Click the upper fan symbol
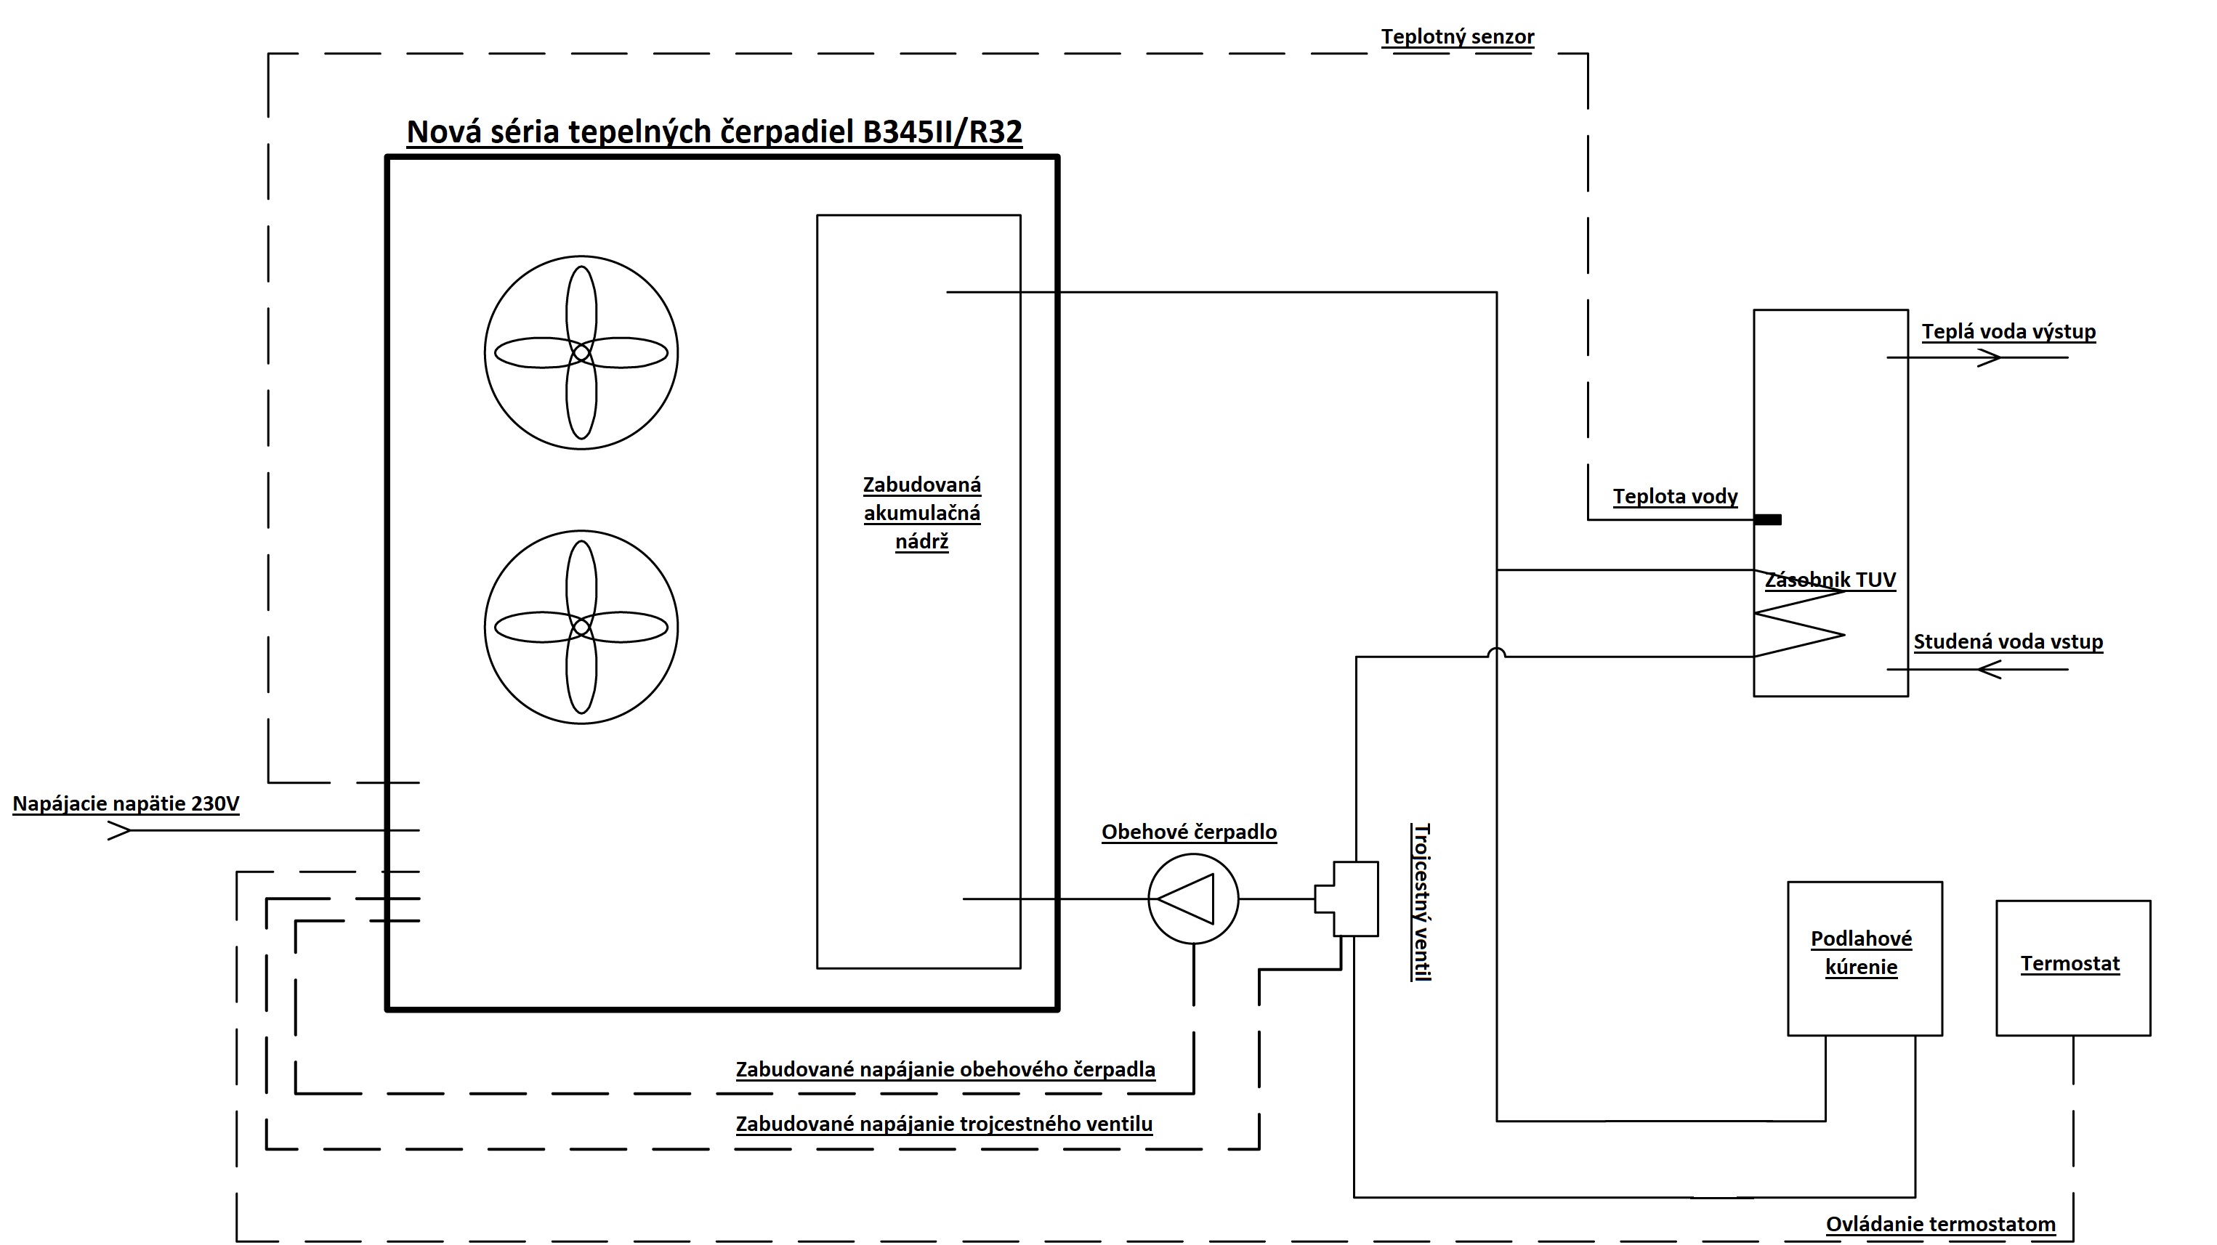(581, 353)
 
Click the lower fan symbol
(581, 628)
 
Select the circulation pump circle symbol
(1193, 899)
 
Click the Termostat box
(2072, 968)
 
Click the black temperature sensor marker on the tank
(1768, 519)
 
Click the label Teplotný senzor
(1457, 37)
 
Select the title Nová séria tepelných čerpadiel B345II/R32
(714, 131)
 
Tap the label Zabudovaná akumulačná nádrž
(921, 513)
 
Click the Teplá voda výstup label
(2008, 332)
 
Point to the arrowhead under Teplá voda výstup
(1989, 357)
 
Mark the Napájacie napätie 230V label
(126, 803)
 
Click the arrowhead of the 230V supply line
(120, 830)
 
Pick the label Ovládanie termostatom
(1941, 1225)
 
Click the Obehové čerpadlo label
(1189, 832)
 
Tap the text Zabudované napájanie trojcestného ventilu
(944, 1124)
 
